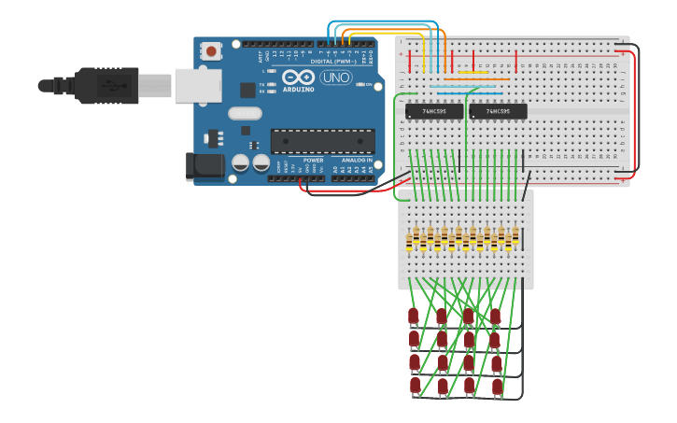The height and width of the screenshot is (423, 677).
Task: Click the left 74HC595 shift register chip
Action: point(434,112)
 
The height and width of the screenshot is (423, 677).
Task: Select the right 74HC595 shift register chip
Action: point(498,112)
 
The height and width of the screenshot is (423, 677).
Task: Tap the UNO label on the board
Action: point(336,78)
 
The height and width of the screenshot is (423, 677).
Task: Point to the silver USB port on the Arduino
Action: point(197,85)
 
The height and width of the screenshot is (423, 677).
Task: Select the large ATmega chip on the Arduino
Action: point(322,141)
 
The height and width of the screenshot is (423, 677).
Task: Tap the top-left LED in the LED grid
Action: point(413,317)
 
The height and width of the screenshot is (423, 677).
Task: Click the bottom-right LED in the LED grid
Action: point(497,386)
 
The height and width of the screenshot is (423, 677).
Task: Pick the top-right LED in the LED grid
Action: point(496,317)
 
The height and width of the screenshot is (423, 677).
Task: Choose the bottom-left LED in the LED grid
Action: point(415,385)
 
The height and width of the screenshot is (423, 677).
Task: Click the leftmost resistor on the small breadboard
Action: point(409,240)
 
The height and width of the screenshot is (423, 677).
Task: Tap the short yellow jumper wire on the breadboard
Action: point(471,73)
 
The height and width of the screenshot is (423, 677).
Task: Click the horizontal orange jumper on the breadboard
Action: point(463,79)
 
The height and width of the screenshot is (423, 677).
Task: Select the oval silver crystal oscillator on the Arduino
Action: point(245,114)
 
